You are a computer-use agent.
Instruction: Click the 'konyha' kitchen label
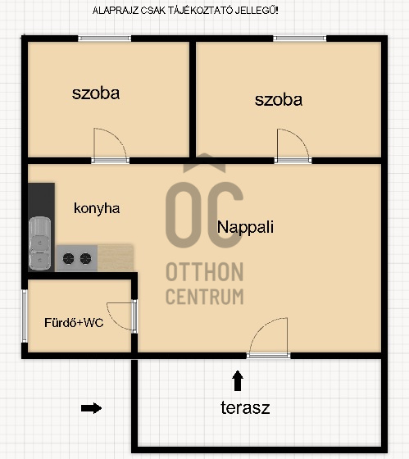point(97,209)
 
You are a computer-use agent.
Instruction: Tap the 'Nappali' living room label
point(245,227)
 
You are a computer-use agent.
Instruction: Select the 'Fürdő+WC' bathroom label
point(74,323)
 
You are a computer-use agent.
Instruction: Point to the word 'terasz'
point(245,407)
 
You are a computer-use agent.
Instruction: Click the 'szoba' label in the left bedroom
point(96,93)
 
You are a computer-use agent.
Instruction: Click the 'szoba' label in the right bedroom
point(279,100)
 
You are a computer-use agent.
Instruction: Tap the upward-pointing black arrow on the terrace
point(238,380)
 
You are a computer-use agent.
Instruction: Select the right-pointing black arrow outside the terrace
point(91,408)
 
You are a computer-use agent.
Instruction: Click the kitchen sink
point(40,243)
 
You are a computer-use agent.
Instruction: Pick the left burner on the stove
point(68,258)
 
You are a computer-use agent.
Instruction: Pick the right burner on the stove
point(85,258)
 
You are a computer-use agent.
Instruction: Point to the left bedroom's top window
point(105,39)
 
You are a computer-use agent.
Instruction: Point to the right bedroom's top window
point(299,39)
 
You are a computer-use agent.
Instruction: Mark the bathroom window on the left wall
point(25,316)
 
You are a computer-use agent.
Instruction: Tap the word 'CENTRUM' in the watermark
point(205,297)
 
